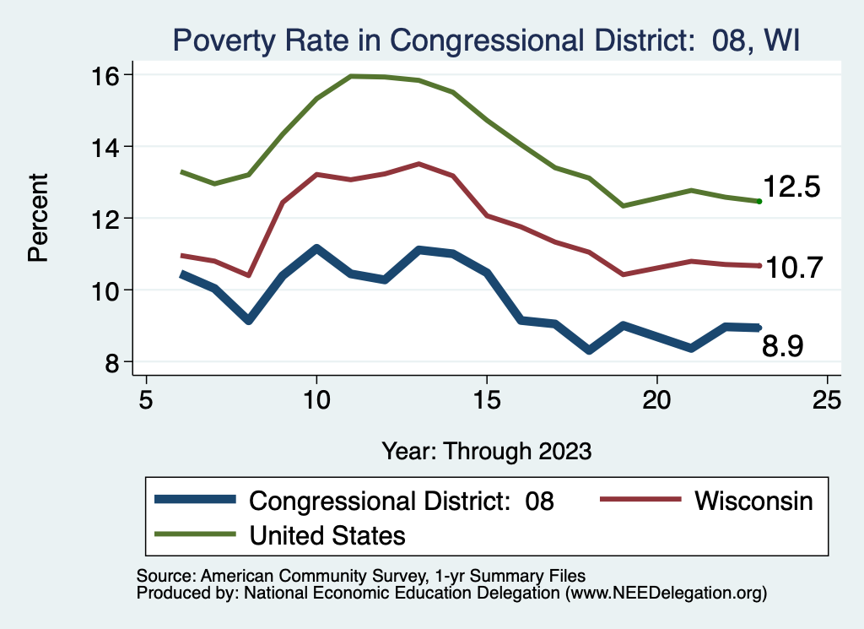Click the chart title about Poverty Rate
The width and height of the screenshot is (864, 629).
point(485,40)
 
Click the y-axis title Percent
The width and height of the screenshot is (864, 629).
point(38,218)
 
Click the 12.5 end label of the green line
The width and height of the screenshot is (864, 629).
point(791,187)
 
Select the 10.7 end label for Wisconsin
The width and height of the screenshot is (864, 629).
point(791,267)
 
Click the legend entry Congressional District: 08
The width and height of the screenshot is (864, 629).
point(401,501)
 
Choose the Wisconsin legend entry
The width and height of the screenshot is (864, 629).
point(753,501)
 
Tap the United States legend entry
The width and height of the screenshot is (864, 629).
point(327,534)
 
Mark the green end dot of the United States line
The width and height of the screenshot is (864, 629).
point(759,201)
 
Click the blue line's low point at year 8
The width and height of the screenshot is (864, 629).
point(248,321)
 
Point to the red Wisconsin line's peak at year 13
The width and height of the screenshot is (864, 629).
point(418,164)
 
